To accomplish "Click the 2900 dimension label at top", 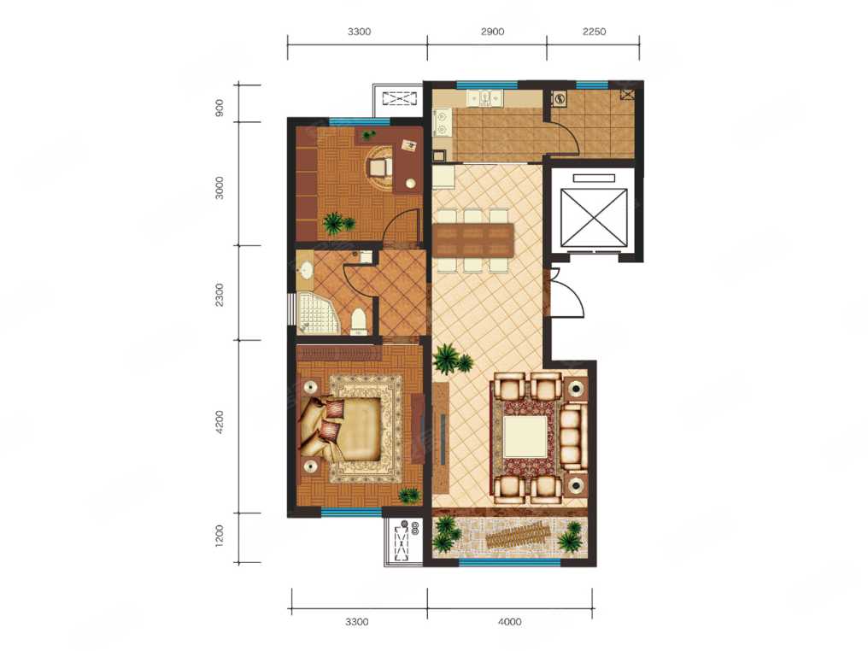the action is point(492,32).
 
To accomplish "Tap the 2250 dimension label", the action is point(594,32).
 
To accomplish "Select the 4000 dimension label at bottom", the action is point(509,622).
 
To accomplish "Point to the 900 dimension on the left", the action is point(220,108).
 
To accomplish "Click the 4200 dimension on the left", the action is point(220,422).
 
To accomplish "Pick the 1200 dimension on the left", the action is point(220,537).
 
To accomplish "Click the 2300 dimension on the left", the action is point(220,295).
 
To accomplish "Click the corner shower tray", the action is point(314,313).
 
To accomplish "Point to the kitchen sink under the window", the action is point(485,98).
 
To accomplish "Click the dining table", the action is point(473,240).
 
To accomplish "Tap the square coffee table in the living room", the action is point(525,436).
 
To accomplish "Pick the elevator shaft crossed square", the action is point(595,217).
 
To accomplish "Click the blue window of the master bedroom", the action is point(351,512).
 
